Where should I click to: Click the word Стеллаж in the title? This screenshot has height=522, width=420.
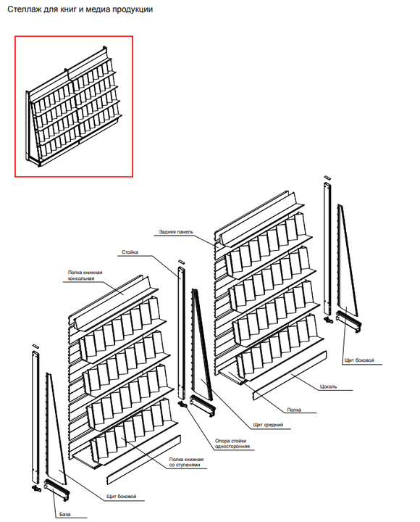[24, 9]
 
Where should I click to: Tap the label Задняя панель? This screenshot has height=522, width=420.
[176, 232]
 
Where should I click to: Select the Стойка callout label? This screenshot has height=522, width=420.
[130, 252]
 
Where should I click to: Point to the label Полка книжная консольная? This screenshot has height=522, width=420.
[85, 275]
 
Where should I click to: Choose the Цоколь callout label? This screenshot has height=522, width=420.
[328, 386]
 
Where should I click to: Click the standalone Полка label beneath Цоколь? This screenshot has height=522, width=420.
[294, 410]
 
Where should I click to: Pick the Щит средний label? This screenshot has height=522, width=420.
[268, 424]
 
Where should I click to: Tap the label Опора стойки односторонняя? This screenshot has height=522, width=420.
[232, 444]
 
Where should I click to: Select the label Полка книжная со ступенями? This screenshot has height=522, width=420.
[186, 462]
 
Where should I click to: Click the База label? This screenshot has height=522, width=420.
[65, 514]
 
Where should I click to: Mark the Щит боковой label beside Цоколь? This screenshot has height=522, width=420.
[359, 360]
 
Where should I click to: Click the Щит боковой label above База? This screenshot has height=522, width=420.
[122, 497]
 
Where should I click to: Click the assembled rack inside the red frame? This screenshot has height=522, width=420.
[74, 107]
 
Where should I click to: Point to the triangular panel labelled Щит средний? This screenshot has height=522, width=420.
[201, 343]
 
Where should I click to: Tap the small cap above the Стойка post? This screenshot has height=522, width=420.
[181, 262]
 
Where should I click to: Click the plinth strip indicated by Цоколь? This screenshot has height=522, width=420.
[290, 376]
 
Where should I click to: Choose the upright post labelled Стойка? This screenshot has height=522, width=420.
[182, 333]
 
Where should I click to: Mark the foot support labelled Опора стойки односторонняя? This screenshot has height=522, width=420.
[183, 405]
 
